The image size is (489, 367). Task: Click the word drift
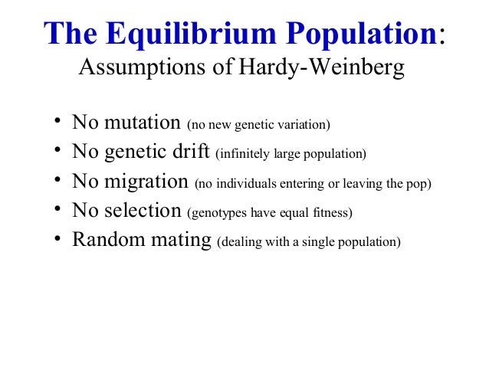point(192,152)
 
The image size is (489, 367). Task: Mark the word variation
point(302,124)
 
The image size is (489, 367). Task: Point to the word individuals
point(250,183)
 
